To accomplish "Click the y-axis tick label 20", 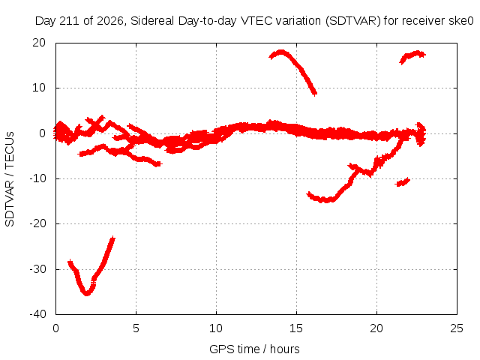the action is (x=39, y=43).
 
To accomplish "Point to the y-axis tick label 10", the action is (x=39, y=88).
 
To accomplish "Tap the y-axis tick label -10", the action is (x=37, y=178).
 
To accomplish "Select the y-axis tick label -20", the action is (x=37, y=223).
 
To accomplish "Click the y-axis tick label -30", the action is (x=37, y=269).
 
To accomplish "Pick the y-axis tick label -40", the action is (x=37, y=314).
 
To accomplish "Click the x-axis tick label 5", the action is (x=136, y=328).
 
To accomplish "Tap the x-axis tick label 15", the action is (x=296, y=328).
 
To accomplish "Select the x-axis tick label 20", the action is (x=376, y=328).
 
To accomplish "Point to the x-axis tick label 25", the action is (x=457, y=328).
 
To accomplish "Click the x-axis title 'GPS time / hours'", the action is (x=254, y=349).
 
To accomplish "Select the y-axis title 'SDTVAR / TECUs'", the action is (x=10, y=179).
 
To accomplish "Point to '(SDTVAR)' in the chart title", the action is (x=353, y=21).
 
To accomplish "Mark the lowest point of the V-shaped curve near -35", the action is (x=87, y=293).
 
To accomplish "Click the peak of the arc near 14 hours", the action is (x=281, y=52).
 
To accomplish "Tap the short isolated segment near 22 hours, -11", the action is (x=403, y=182).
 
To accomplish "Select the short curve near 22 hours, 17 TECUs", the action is (x=411, y=55).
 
